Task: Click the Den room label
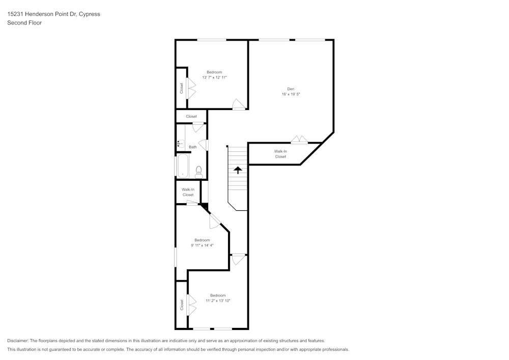click(x=291, y=89)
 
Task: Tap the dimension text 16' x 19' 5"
click(x=291, y=95)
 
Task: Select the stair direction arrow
click(x=237, y=170)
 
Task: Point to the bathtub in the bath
click(x=183, y=166)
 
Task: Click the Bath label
click(x=193, y=147)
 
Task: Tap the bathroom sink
click(x=180, y=144)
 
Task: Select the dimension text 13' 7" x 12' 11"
click(x=214, y=77)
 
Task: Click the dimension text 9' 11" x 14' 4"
click(x=202, y=245)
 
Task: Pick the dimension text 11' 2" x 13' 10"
click(x=218, y=301)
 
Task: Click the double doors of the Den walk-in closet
click(x=299, y=139)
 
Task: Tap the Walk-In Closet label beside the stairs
click(x=280, y=154)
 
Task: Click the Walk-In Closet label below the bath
click(x=188, y=192)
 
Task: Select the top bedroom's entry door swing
click(x=238, y=104)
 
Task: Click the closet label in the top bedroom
click(x=181, y=88)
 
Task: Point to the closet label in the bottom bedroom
click(x=182, y=304)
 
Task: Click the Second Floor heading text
click(x=24, y=23)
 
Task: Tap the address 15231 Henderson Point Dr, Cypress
click(x=53, y=14)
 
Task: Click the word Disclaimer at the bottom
click(x=18, y=341)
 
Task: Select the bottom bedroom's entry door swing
click(x=238, y=259)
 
